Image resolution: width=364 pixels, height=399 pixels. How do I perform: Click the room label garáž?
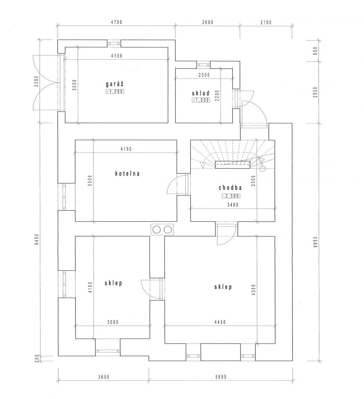point(114,84)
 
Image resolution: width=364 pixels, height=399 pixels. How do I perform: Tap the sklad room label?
point(201,93)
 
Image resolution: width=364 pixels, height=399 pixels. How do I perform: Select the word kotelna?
point(127,174)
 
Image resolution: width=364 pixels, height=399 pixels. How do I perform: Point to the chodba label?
point(230,188)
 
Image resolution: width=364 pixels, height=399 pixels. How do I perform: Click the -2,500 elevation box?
point(231,196)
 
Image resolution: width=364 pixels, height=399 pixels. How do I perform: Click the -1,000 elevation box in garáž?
point(115,92)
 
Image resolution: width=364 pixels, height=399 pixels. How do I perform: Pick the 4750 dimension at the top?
point(116,22)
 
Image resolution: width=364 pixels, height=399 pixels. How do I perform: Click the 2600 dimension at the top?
point(208,22)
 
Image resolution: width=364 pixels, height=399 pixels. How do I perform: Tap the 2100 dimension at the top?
point(266,23)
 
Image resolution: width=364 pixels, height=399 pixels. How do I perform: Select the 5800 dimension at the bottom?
point(221,377)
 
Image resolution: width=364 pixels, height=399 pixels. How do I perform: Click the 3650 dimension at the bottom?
point(104,377)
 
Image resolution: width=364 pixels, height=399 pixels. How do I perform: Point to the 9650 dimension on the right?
point(315,242)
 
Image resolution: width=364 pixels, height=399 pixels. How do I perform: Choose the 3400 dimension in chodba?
point(233,205)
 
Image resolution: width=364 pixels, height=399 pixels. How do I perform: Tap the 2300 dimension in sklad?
point(204,75)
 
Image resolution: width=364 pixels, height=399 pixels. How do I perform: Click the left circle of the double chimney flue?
point(156,229)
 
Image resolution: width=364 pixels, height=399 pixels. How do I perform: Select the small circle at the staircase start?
point(263,169)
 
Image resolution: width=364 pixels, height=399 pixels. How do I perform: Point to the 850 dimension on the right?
point(315,51)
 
